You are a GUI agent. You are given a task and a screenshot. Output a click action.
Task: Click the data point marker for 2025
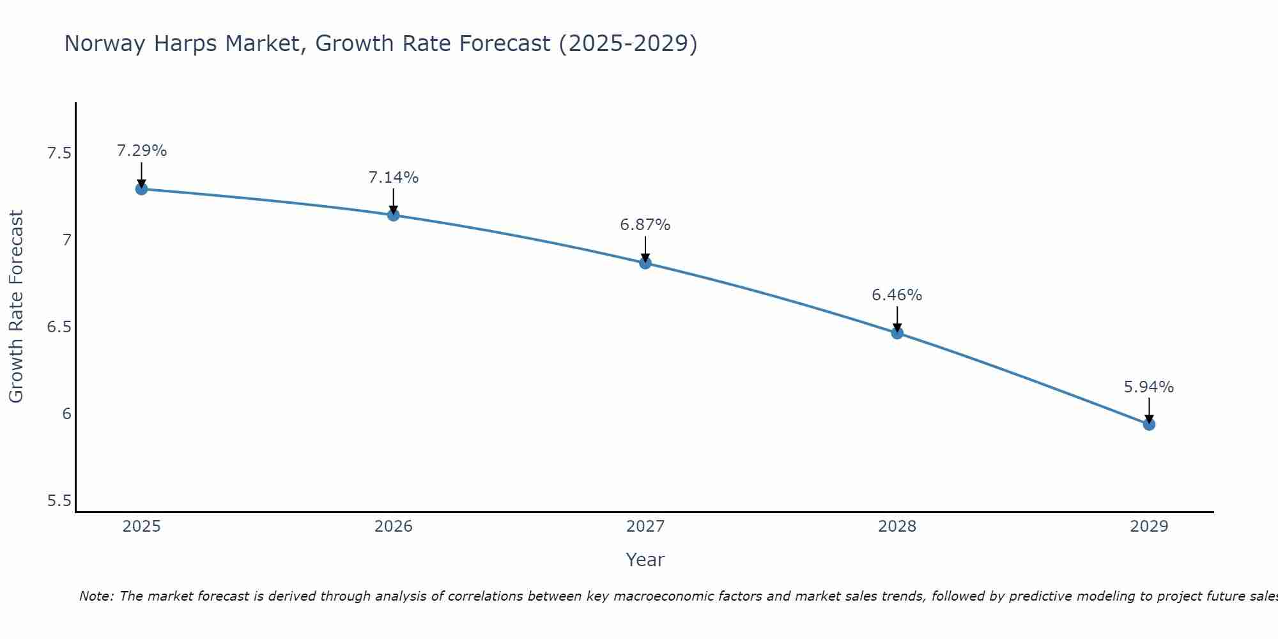(x=141, y=189)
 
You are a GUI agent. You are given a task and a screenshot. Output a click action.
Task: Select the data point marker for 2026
(x=393, y=215)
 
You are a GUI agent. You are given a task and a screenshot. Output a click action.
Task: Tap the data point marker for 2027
(x=645, y=263)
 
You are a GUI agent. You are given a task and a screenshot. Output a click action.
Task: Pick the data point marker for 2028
(x=897, y=333)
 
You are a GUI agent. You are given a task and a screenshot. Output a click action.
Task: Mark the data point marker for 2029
(x=1148, y=424)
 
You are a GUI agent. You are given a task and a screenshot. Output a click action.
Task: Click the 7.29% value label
(x=141, y=151)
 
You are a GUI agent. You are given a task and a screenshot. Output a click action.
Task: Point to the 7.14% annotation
(x=393, y=178)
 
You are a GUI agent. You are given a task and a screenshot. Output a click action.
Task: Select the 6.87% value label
(x=645, y=225)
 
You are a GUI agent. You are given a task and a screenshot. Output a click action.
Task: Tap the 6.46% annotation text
(x=897, y=295)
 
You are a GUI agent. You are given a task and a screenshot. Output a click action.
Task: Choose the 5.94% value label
(x=1148, y=387)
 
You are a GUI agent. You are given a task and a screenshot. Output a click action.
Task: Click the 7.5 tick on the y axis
(x=59, y=153)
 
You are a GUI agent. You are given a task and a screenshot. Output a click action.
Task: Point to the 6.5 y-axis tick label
(x=59, y=327)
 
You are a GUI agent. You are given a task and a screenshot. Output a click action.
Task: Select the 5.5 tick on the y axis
(x=59, y=500)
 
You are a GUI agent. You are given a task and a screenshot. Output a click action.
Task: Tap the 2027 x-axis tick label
(x=645, y=527)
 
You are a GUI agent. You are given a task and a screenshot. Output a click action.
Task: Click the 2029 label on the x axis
(x=1148, y=527)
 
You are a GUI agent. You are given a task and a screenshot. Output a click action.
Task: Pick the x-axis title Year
(x=645, y=560)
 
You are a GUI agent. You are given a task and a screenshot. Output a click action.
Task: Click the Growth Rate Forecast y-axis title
(x=17, y=307)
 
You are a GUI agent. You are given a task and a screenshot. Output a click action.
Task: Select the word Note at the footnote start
(x=96, y=596)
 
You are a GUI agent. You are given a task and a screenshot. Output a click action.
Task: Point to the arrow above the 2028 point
(x=897, y=318)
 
